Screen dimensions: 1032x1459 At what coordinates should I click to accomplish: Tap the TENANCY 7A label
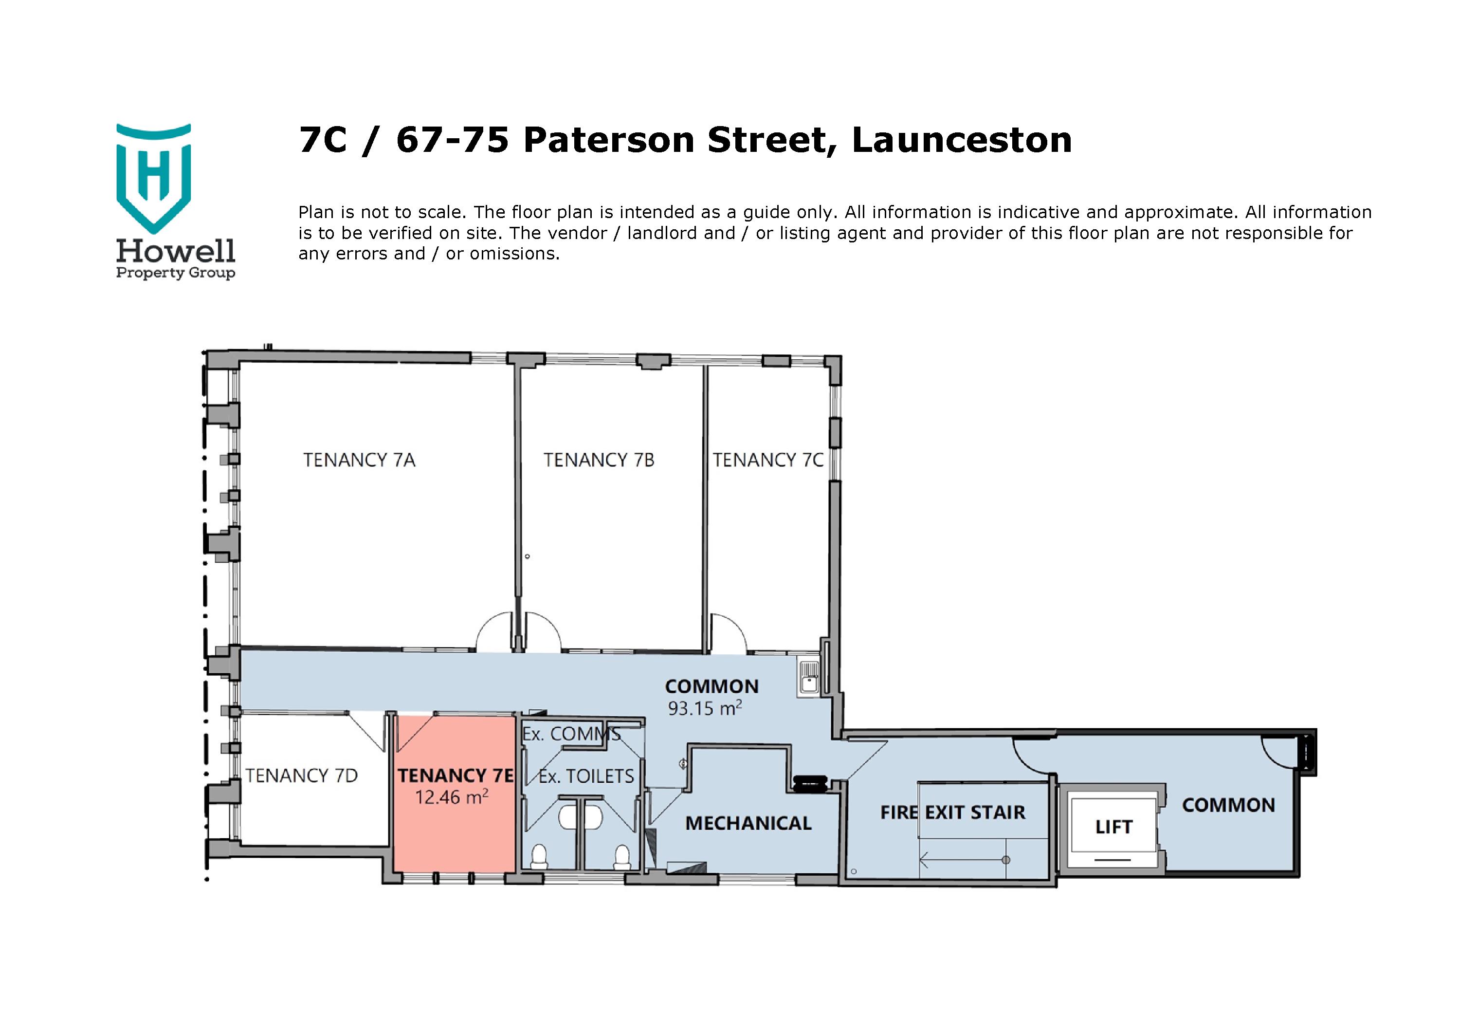tap(359, 460)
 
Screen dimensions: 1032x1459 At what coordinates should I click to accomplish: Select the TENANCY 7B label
tap(599, 460)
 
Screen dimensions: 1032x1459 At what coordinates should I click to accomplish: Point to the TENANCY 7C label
tap(767, 460)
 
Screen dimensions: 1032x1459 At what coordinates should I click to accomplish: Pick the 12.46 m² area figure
tap(451, 797)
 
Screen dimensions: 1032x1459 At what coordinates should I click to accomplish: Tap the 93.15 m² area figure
tap(704, 708)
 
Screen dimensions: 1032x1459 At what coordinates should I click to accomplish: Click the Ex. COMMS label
tap(571, 734)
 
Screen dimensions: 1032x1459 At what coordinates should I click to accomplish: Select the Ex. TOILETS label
tap(586, 776)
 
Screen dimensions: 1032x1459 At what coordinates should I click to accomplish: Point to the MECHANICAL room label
tap(748, 824)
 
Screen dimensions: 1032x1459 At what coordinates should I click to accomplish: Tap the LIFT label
tap(1113, 827)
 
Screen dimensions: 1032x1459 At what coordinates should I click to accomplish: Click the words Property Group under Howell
tap(175, 273)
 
